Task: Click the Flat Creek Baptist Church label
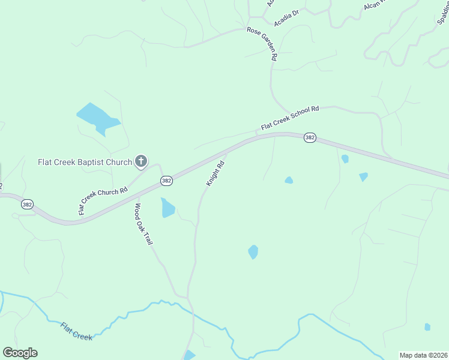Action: tap(85, 162)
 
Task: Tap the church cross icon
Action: tap(141, 161)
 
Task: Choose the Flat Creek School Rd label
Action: tap(289, 118)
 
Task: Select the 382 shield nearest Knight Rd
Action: tap(167, 181)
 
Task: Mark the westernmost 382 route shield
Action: tap(27, 205)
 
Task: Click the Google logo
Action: tap(20, 353)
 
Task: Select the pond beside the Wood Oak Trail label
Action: tap(167, 208)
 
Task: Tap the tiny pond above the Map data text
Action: tap(427, 327)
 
